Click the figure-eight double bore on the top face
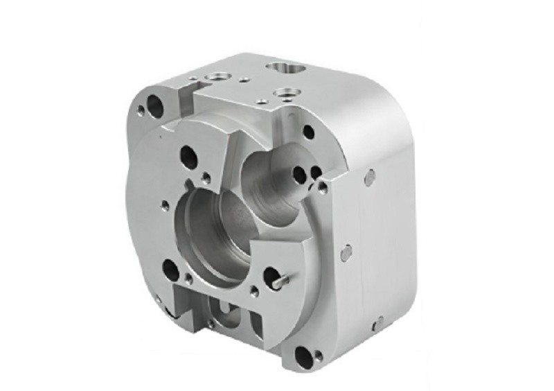point(284,68)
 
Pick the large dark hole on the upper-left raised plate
point(186,153)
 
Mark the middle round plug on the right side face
point(346,252)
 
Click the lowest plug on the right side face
point(379,321)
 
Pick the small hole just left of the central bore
point(164,205)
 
